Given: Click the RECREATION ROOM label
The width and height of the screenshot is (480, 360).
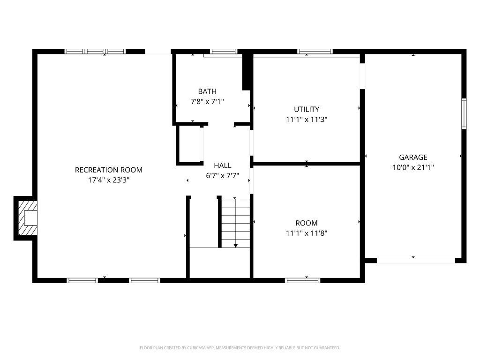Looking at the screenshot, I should pos(109,170).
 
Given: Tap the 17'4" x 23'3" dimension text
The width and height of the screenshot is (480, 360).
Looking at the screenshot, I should pos(109,180).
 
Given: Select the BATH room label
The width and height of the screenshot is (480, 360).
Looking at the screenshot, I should pos(207,91).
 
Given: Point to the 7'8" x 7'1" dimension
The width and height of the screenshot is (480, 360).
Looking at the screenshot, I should pos(207,101).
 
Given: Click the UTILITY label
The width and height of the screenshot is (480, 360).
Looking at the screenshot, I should pos(307,109).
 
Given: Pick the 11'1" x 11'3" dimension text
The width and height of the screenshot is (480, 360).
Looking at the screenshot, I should pos(307,119).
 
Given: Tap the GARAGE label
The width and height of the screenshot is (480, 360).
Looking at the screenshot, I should pos(413,157).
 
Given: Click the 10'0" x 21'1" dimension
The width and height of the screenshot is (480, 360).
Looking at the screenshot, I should pos(413,167).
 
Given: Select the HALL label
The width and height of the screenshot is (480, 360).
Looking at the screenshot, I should pos(222,165).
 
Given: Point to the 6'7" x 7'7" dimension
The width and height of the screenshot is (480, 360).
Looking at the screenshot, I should pos(222,176).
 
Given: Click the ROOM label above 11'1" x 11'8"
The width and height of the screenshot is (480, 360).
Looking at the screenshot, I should pos(307,223).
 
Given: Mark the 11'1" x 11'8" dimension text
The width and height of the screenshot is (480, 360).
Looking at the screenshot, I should pos(307,233).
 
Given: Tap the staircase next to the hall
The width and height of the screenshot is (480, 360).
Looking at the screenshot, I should pos(235,223).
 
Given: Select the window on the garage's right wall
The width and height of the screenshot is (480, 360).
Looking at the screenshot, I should pos(464,113).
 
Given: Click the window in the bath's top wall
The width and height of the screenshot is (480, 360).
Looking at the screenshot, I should pos(223,52).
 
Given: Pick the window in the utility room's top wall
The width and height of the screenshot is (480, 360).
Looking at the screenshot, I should pos(315,52).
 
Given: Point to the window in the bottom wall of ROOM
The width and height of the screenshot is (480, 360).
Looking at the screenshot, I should pos(302,280).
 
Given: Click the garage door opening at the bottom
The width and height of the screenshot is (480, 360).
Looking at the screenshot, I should pos(416,260).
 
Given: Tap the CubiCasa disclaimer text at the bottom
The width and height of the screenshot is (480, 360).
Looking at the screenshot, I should pos(240,348).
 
